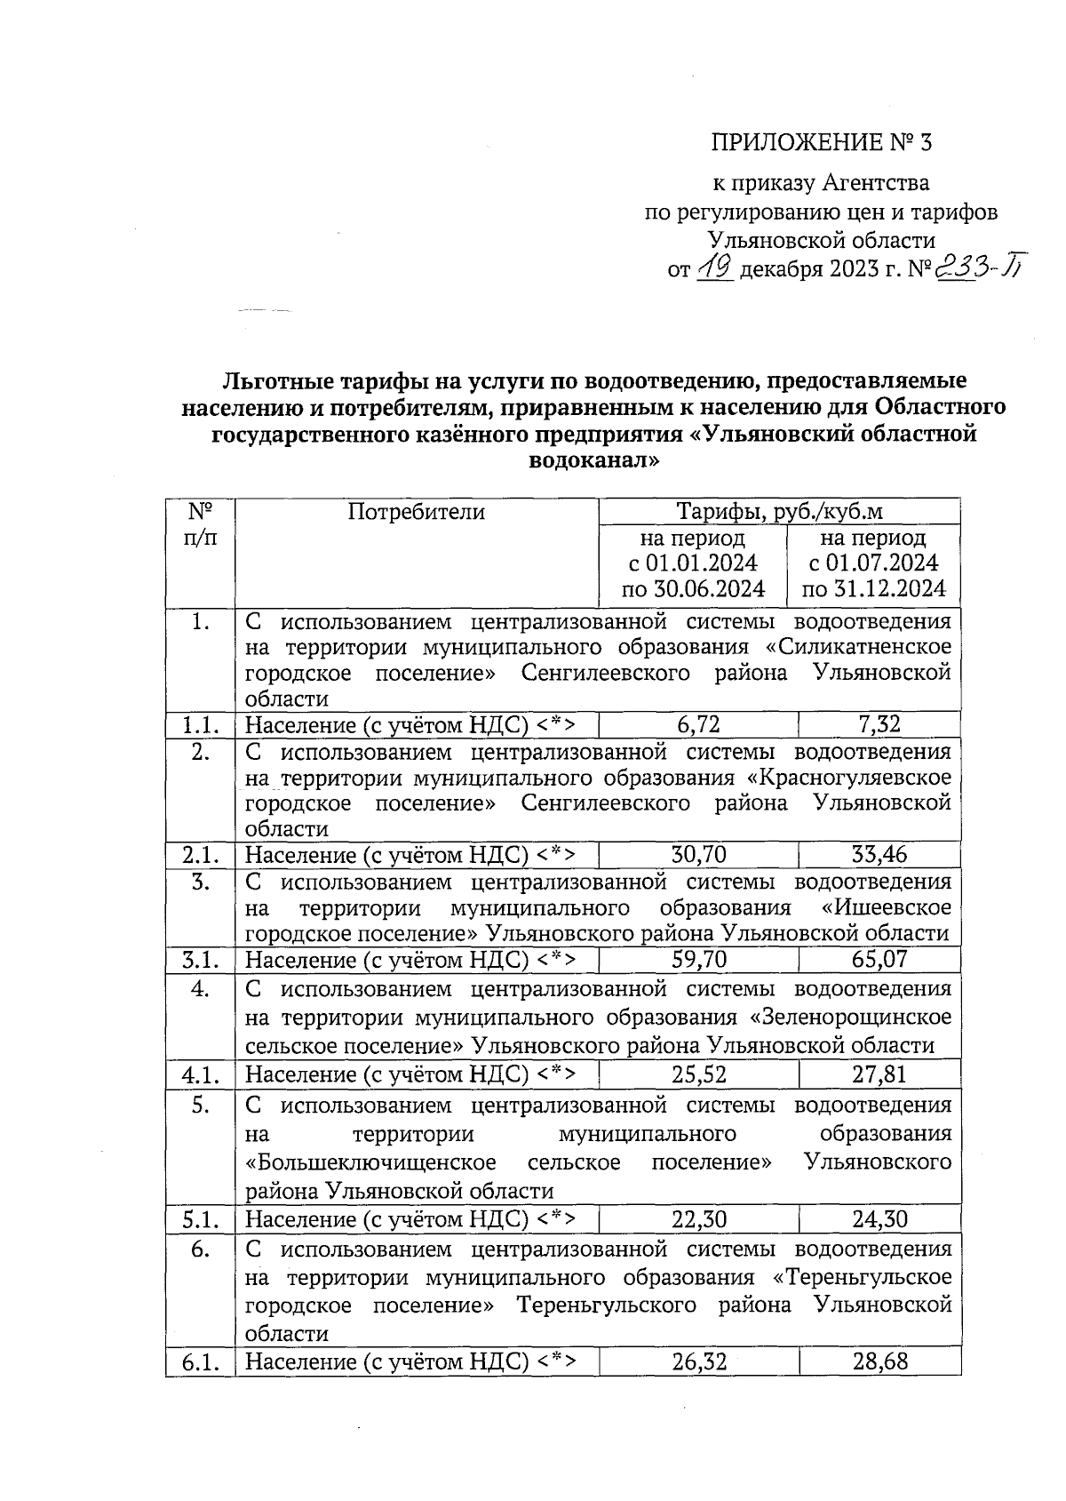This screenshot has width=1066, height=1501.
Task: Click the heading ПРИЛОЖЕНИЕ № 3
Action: coord(821,142)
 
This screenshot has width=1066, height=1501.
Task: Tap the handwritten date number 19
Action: coord(714,267)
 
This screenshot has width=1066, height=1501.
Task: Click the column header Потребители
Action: coord(416,512)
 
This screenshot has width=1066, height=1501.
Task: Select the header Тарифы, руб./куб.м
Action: coord(779,512)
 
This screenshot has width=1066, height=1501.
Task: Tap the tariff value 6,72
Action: coord(698,724)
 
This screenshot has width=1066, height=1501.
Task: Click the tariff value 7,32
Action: coord(879,724)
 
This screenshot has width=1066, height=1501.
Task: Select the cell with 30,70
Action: coord(698,855)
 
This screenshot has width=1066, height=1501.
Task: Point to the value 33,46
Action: coord(879,855)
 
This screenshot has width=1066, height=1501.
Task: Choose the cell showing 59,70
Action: coord(698,960)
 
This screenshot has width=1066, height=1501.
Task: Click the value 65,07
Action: coord(879,960)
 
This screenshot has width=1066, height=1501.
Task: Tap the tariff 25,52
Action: coord(698,1074)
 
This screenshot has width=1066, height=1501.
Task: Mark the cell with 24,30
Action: coord(879,1219)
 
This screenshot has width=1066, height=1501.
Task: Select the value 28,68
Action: coord(879,1361)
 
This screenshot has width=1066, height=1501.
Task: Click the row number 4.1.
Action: coord(201,1075)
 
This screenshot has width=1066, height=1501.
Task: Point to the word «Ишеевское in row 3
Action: coord(886,908)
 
